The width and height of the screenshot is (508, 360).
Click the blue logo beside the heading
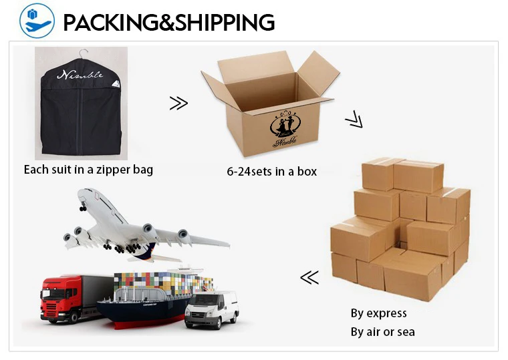[x=36, y=21]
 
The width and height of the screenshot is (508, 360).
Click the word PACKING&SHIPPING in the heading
[x=168, y=22]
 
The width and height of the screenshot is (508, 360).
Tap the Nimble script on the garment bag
[x=80, y=75]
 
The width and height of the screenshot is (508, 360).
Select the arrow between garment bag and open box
[x=178, y=103]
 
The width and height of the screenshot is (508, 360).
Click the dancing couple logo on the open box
[x=285, y=124]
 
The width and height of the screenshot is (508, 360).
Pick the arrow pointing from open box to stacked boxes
[x=353, y=121]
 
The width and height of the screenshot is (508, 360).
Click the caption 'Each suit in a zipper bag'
[x=88, y=169]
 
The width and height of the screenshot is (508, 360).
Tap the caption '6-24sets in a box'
[x=272, y=171]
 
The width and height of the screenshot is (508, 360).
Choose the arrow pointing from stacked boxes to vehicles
[x=309, y=277]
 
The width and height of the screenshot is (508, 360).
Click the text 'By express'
[x=378, y=313]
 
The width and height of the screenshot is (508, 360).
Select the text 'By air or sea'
[x=382, y=331]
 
